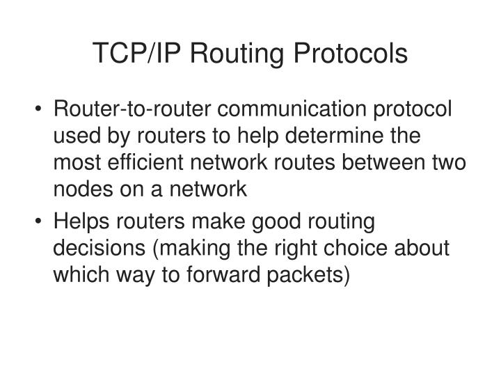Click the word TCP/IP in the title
pos(132,54)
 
